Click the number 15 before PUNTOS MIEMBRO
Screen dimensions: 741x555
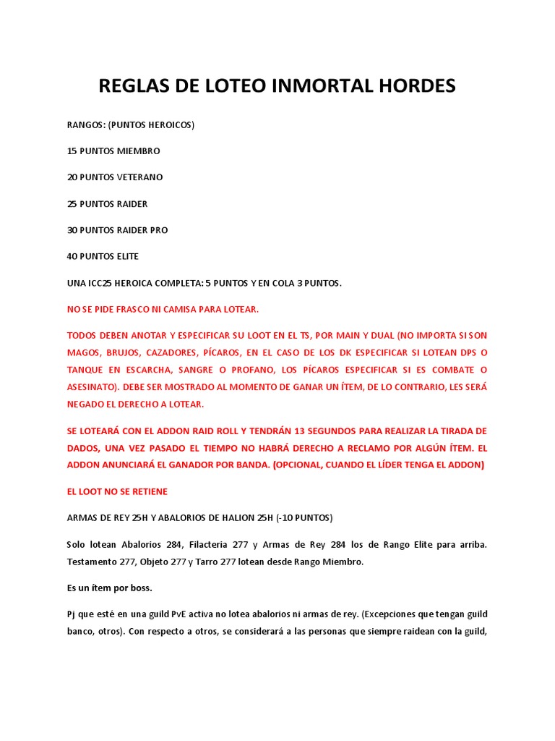click(x=72, y=151)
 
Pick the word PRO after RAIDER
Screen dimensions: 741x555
click(x=158, y=230)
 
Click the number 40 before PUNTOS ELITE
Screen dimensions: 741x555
click(x=73, y=256)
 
